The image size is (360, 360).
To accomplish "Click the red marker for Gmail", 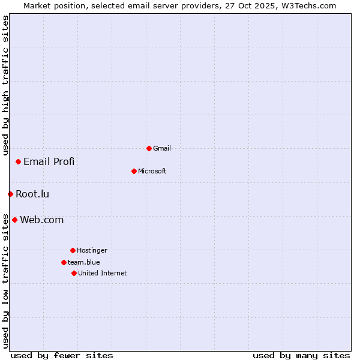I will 149,148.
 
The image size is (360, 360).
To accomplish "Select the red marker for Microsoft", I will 134,171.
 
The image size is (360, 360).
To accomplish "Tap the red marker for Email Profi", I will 19,161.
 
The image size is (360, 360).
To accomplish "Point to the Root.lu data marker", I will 10,194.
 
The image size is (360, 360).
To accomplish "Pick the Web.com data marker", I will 14,220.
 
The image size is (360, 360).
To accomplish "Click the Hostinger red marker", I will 73,250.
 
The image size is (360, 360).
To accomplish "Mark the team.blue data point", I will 64,262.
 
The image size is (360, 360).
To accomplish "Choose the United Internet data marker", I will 74,273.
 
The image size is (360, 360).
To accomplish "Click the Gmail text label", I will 162,148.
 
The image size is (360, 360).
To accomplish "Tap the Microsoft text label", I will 152,171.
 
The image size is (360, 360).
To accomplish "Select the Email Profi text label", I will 49,161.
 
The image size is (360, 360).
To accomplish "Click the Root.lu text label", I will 32,194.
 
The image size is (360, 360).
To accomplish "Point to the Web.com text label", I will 42,220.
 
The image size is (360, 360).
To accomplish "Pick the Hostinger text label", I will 92,250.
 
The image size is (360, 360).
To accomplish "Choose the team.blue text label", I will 84,262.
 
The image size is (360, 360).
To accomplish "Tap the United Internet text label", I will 103,273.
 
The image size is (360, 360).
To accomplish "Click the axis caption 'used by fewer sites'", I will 62,355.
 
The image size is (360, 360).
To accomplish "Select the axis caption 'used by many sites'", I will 301,355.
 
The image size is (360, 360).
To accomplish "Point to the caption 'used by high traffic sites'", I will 5,85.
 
